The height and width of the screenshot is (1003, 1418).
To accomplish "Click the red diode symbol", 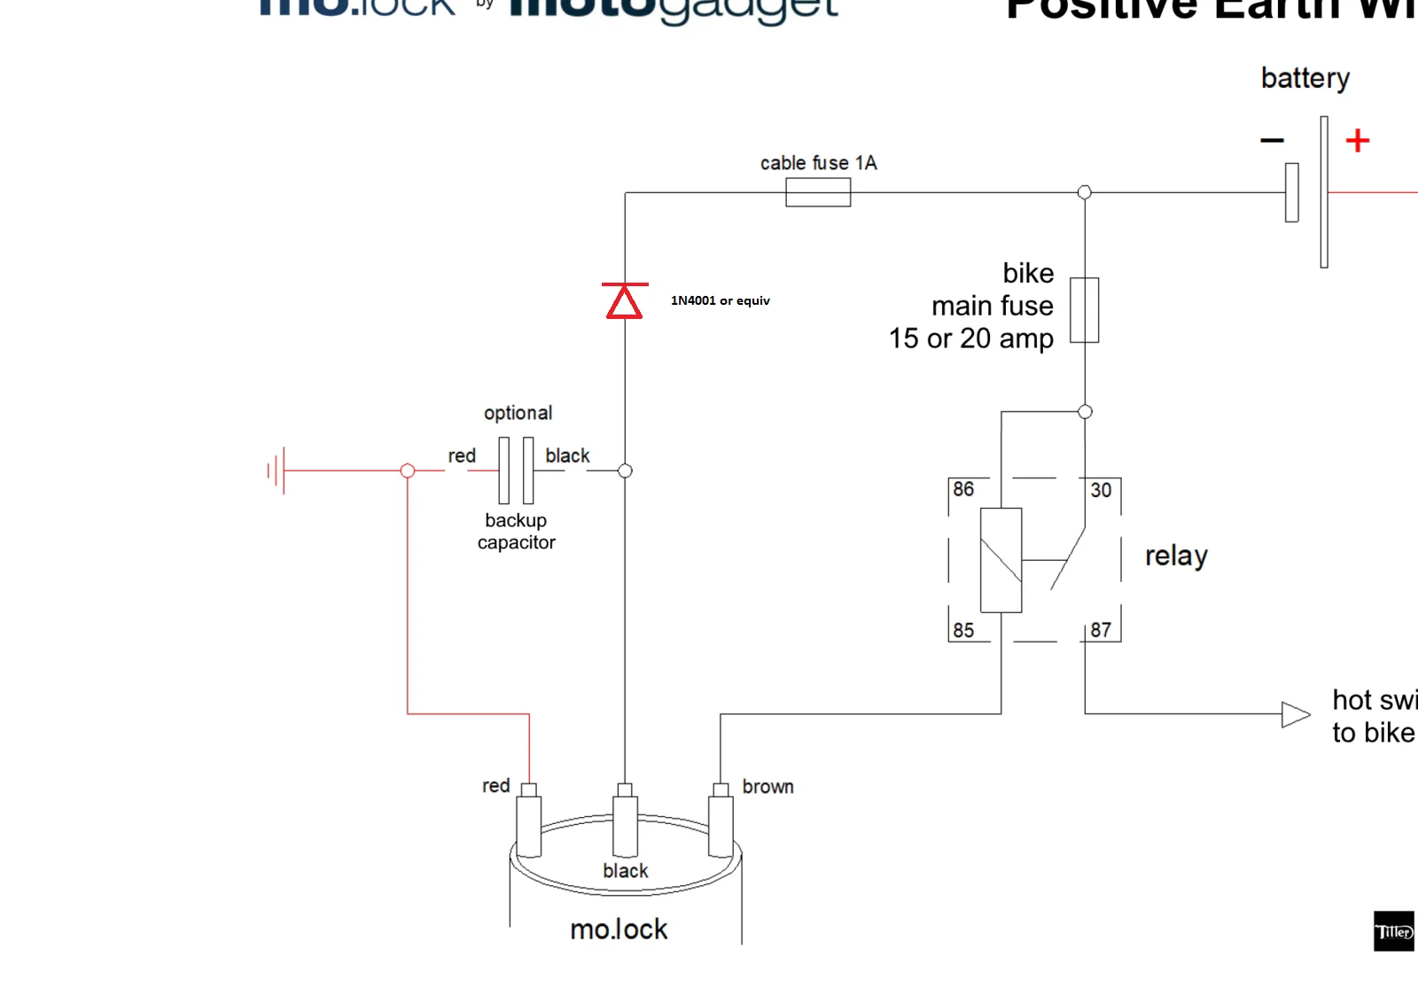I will [625, 301].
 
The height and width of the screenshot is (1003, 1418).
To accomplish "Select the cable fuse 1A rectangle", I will [818, 192].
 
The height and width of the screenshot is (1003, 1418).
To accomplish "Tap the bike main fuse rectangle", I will [1084, 310].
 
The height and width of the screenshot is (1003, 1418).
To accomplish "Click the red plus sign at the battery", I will [1357, 141].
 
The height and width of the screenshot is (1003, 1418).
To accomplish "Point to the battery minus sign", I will [1272, 141].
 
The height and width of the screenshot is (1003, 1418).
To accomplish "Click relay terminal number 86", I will [963, 489].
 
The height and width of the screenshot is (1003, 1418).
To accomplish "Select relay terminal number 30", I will [1101, 490].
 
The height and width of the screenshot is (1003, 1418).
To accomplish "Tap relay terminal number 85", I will [963, 630].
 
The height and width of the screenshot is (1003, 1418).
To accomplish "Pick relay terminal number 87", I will [1101, 630].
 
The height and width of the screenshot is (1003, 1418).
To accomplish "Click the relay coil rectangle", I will [1001, 560].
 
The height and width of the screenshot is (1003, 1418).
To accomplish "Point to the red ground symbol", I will [277, 470].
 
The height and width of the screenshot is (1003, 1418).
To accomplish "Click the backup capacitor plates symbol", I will [516, 470].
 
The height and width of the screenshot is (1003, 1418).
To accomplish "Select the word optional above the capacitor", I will [518, 413].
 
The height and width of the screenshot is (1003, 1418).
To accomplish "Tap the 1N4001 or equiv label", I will [720, 300].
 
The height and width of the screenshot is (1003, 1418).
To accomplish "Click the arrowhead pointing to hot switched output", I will [1295, 714].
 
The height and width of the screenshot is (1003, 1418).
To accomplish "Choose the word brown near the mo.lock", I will [767, 787].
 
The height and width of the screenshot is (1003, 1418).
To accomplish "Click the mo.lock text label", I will [619, 929].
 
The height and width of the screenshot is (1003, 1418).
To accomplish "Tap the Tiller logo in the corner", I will [1393, 931].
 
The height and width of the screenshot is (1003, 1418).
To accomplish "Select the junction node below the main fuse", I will [1085, 411].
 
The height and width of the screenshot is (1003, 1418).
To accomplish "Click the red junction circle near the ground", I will [408, 470].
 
